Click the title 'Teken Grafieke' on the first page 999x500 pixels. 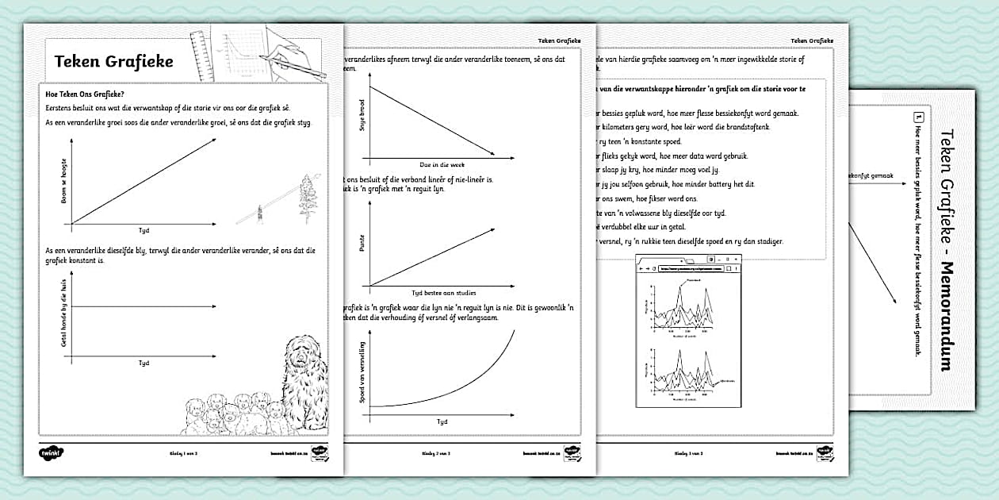click(113, 62)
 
